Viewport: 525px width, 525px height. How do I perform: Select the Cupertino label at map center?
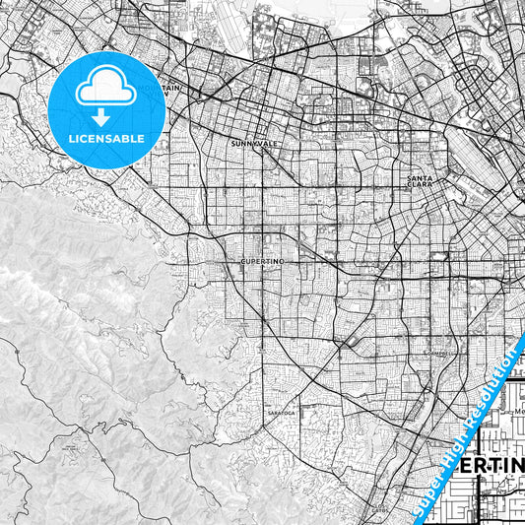click(x=261, y=262)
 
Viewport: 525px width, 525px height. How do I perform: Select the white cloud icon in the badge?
click(x=106, y=87)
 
